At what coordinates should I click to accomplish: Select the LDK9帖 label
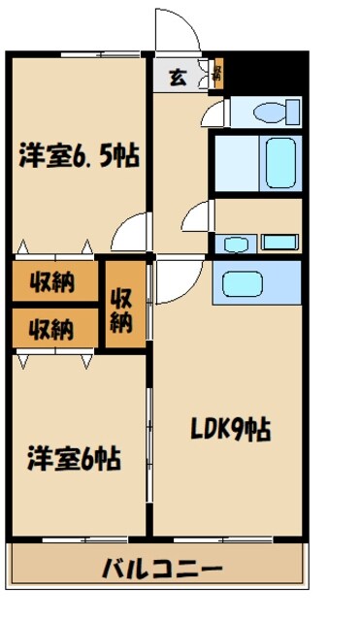[x=229, y=427]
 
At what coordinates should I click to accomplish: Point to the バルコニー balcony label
[x=163, y=569]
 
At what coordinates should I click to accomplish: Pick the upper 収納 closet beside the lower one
[x=54, y=283]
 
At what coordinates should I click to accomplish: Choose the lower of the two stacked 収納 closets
[x=54, y=328]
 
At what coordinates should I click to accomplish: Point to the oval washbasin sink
[x=234, y=243]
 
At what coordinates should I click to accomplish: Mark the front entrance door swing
[x=179, y=28]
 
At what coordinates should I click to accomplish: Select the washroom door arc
[x=199, y=214]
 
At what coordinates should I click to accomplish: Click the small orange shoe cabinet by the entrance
[x=218, y=74]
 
